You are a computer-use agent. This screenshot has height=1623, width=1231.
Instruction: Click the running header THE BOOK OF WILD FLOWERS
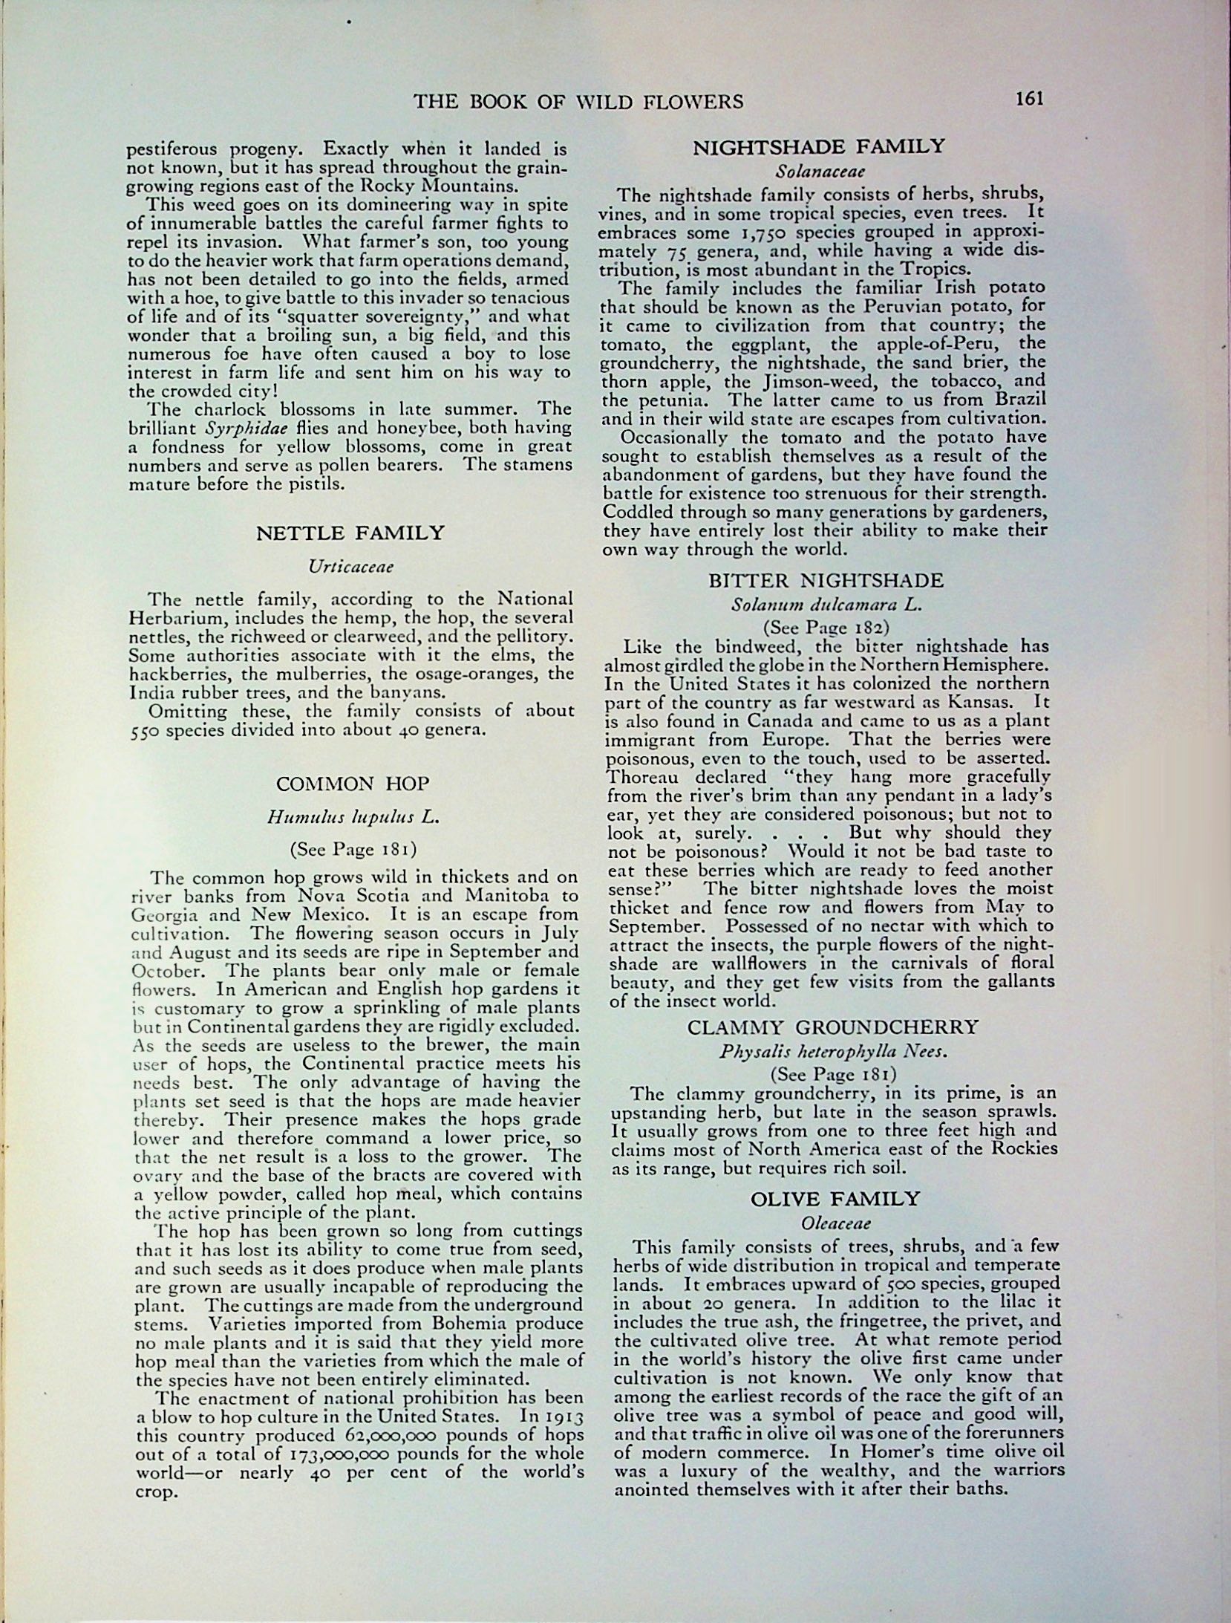(x=578, y=101)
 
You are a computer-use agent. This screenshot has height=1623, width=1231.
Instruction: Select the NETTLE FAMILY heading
(x=350, y=533)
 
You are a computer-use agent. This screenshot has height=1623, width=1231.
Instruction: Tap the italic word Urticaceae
(x=350, y=567)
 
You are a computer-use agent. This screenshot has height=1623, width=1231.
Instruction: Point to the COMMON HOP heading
(x=353, y=784)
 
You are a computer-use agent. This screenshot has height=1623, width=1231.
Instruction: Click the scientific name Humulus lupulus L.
(x=353, y=817)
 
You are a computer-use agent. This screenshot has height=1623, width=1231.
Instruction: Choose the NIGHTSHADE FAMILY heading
(x=819, y=146)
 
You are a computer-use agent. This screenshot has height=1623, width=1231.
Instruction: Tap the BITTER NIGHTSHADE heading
(x=826, y=580)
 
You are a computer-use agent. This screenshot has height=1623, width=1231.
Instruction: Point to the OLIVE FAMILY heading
(x=835, y=1198)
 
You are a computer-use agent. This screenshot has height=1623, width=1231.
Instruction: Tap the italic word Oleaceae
(x=835, y=1223)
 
